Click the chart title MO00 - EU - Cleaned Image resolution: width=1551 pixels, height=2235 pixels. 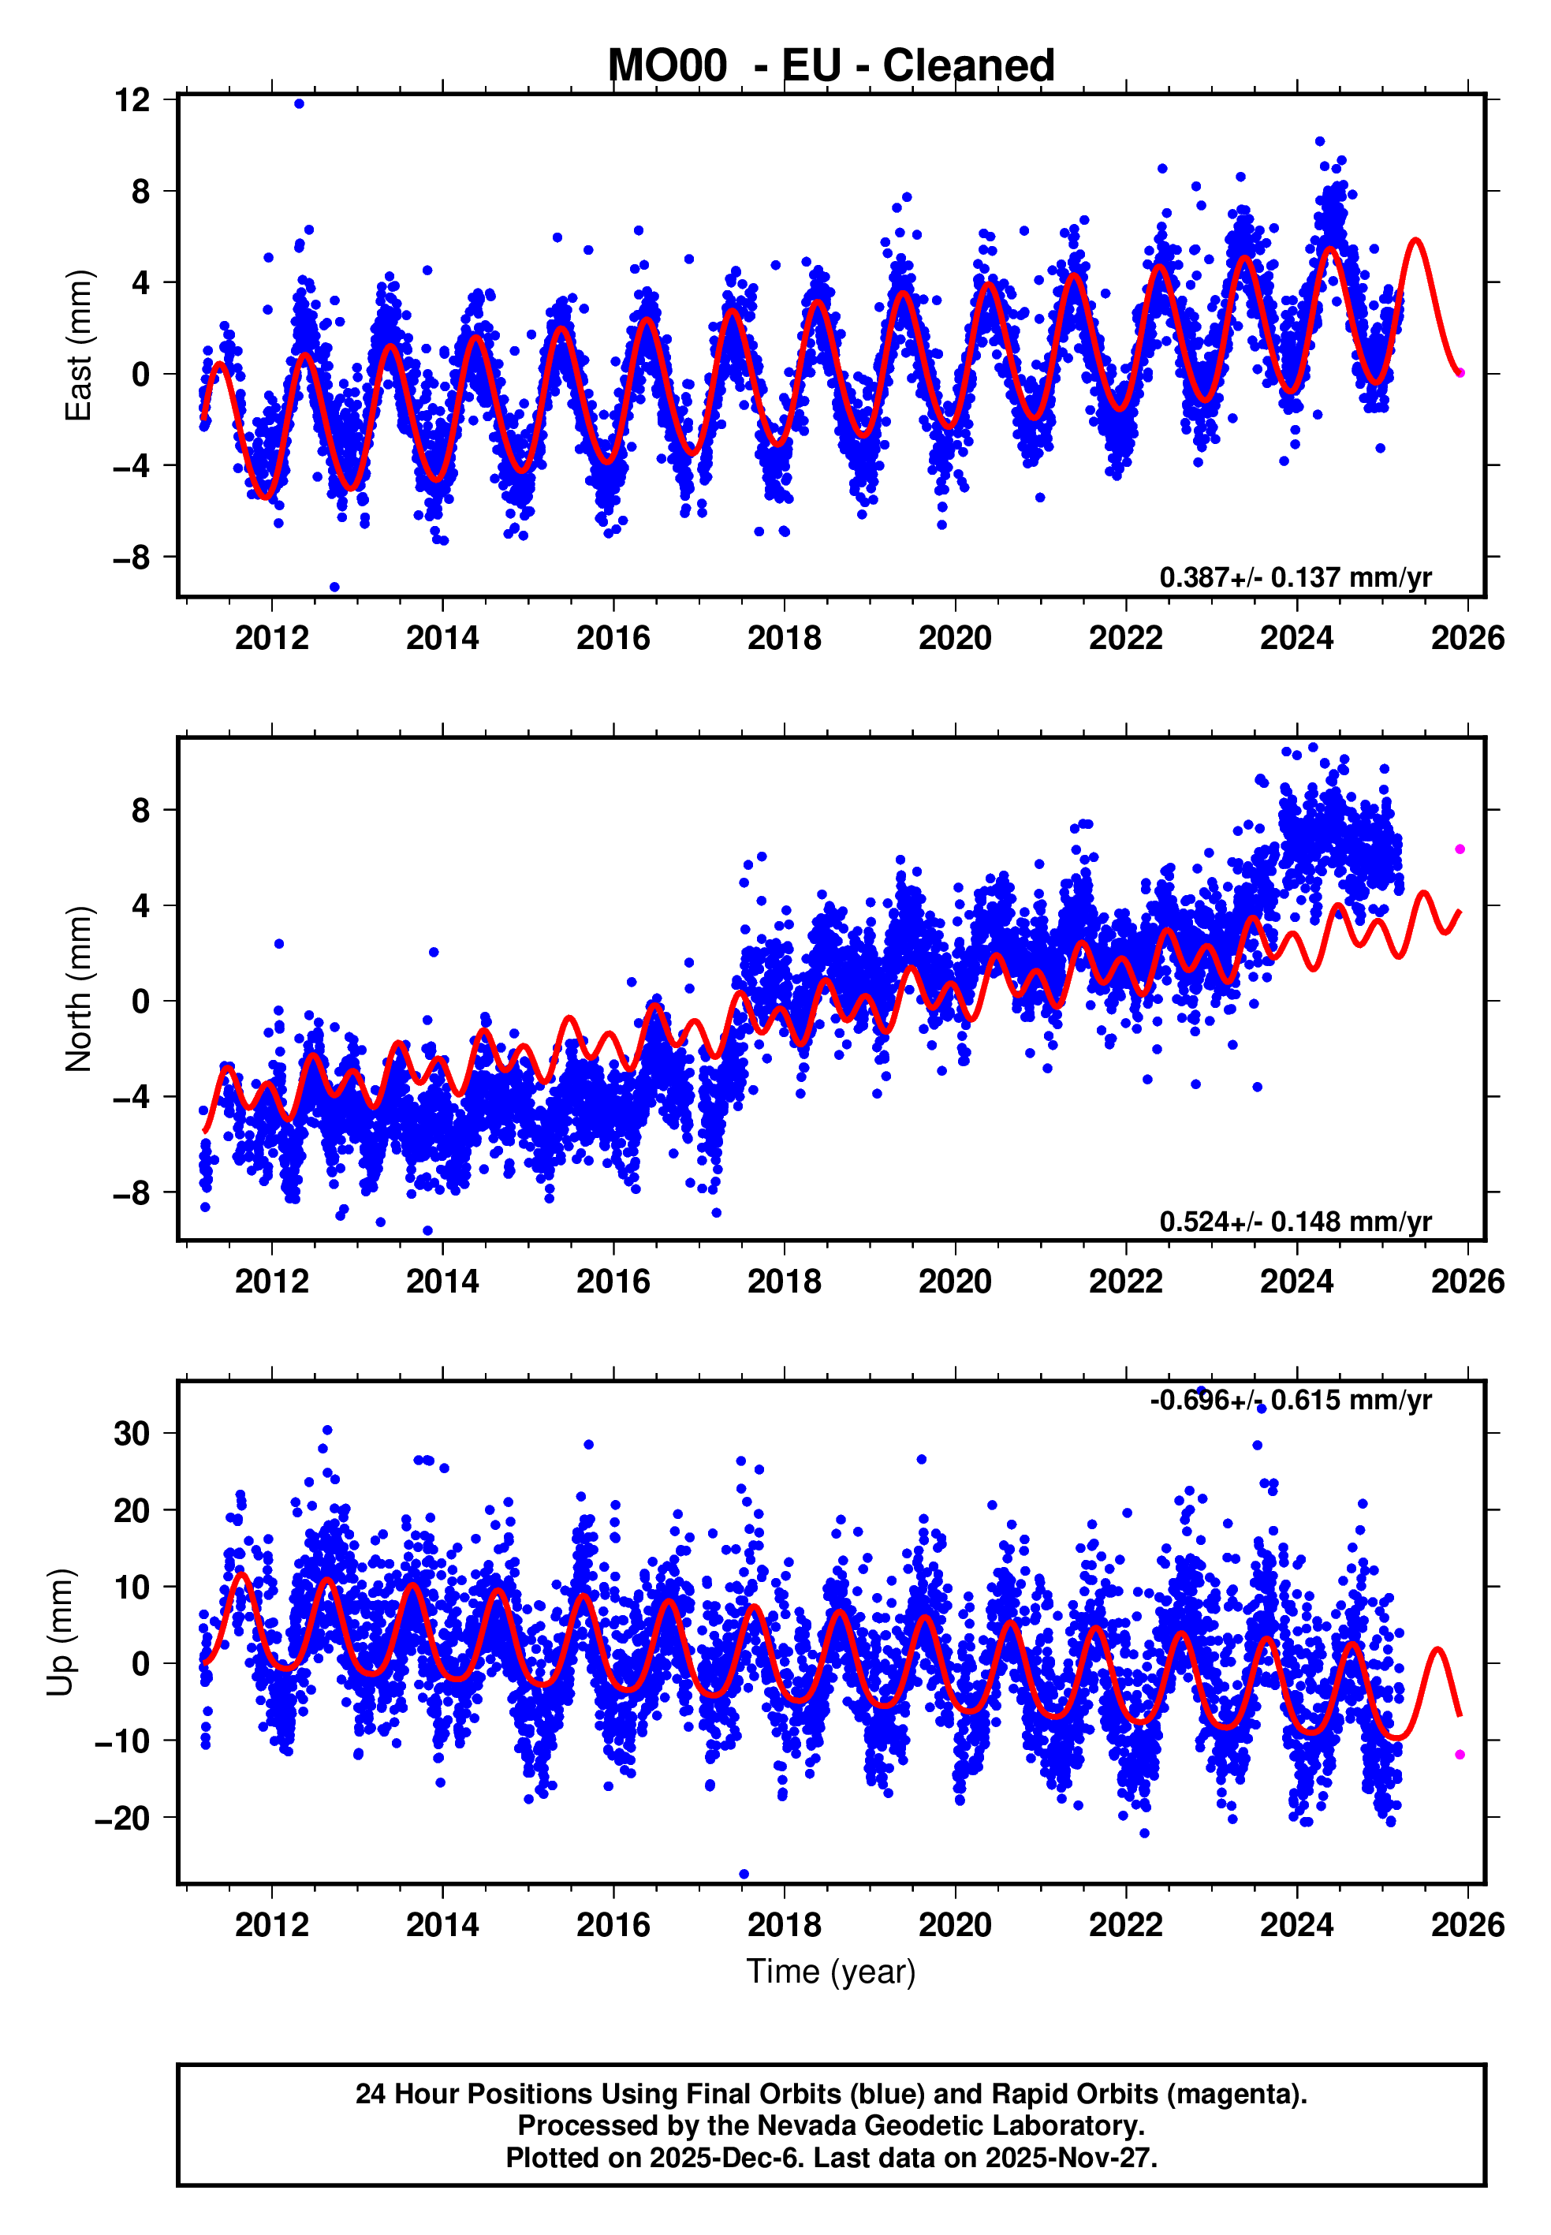coord(831,66)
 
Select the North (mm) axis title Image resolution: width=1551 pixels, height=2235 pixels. coord(79,989)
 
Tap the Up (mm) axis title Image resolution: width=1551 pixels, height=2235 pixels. coord(60,1632)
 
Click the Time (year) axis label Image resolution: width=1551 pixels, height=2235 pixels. coord(831,1972)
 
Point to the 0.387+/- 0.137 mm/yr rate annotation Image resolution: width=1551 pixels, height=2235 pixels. coord(1296,577)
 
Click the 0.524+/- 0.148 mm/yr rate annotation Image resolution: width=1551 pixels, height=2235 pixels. coord(1296,1222)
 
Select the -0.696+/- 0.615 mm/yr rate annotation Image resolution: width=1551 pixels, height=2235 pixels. coord(1291,1401)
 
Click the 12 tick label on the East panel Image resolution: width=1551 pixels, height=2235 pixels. coord(132,99)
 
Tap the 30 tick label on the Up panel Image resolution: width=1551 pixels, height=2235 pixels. coord(132,1433)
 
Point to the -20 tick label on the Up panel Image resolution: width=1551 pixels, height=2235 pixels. coord(122,1818)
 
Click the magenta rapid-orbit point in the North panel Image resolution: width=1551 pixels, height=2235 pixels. coord(1460,849)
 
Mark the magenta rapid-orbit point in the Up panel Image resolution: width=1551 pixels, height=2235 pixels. coord(1460,1754)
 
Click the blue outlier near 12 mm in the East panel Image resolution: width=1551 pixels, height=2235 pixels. coord(300,104)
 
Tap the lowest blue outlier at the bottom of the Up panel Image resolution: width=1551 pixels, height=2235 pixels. coord(744,1874)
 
